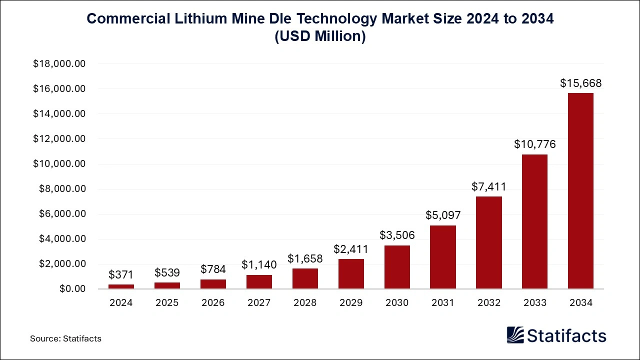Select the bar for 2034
click(580, 191)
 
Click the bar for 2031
click(442, 257)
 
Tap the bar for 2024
click(121, 286)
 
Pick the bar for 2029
click(351, 274)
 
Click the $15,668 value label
click(580, 83)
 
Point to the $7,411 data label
click(488, 187)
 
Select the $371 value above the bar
click(121, 274)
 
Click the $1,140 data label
click(259, 265)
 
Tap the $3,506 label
click(397, 235)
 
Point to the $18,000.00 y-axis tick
click(59, 64)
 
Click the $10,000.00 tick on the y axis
click(59, 164)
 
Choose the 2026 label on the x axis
click(213, 302)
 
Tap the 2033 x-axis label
click(534, 302)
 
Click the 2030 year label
click(397, 302)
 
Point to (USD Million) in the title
click(320, 37)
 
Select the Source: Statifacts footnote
click(65, 338)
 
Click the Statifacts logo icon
click(515, 335)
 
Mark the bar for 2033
click(534, 221)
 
